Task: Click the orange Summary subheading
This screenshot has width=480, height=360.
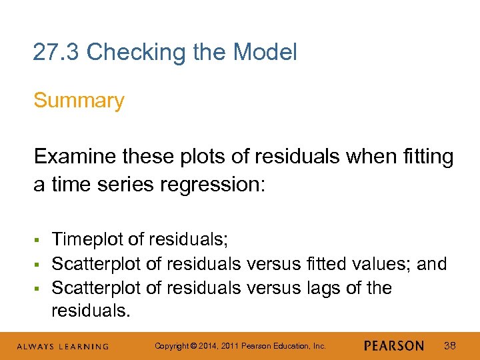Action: point(79,101)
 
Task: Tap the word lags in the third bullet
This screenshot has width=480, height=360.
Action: point(313,288)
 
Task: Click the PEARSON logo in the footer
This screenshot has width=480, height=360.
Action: point(394,346)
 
